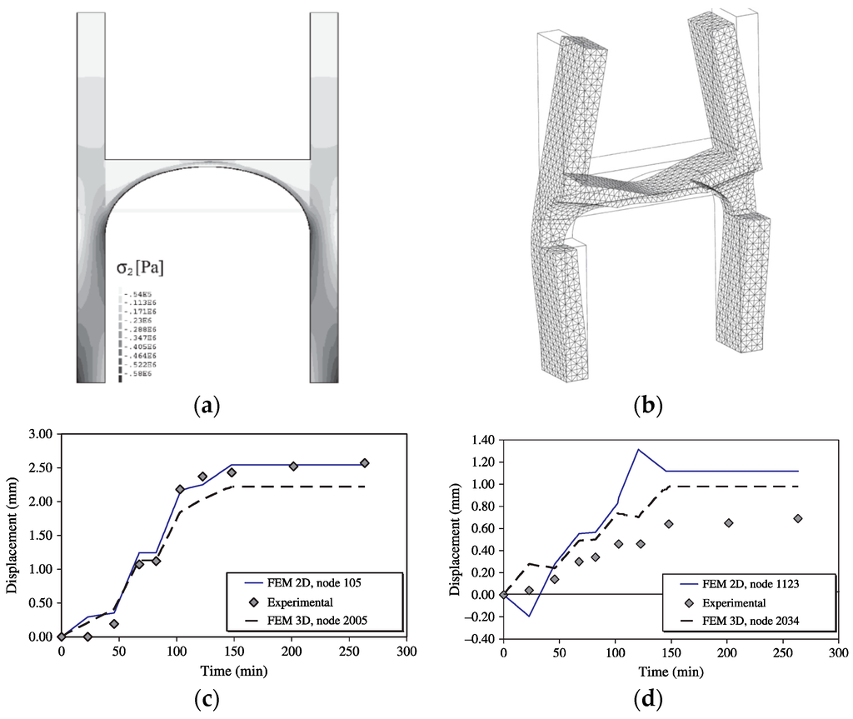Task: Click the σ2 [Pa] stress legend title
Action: pyautogui.click(x=140, y=267)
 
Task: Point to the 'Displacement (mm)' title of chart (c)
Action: pyautogui.click(x=11, y=535)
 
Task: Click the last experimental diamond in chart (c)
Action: pyautogui.click(x=364, y=463)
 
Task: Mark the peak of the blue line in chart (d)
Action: pyautogui.click(x=638, y=450)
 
